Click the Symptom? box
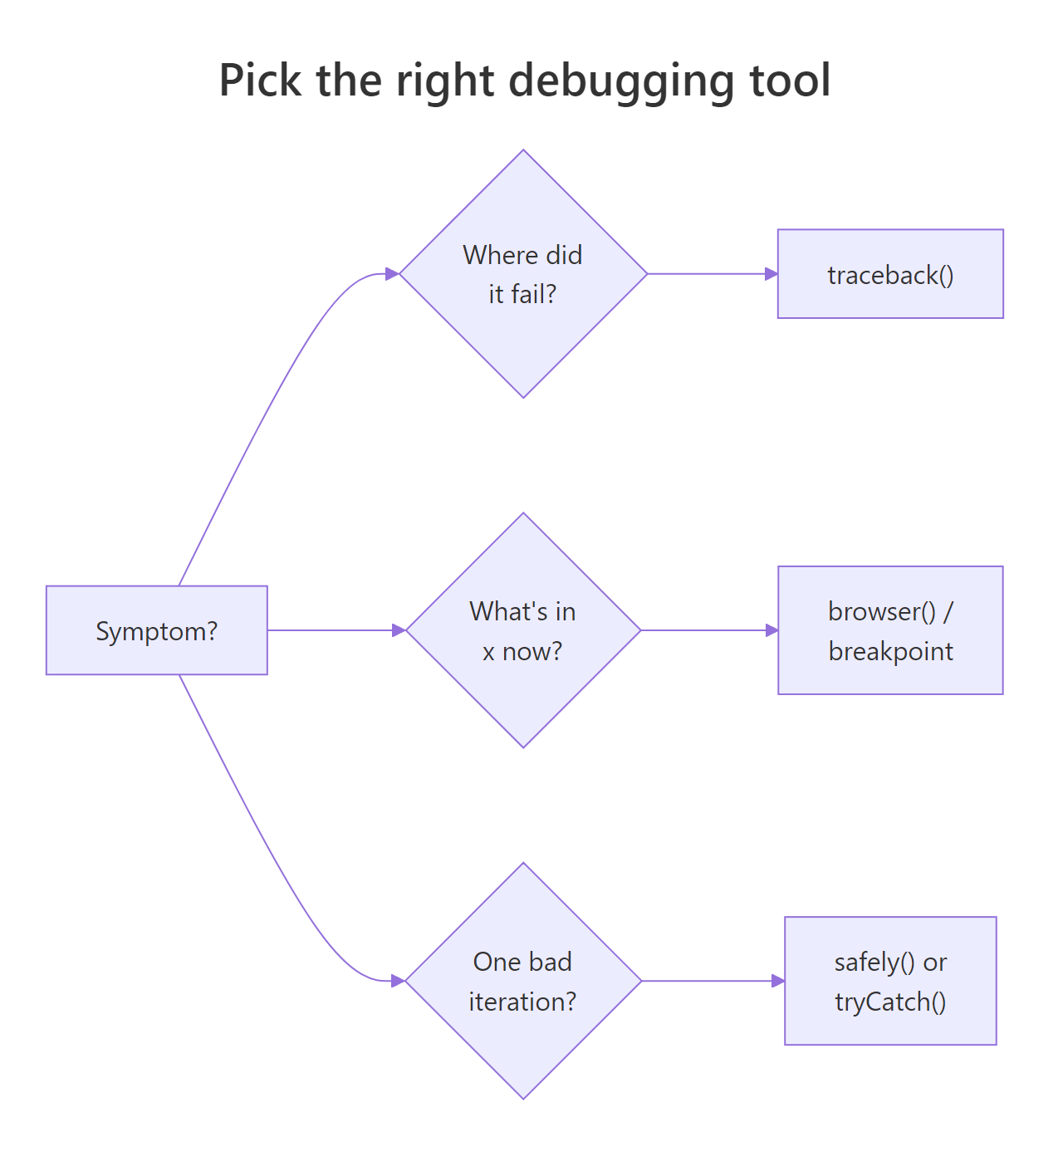[x=156, y=630]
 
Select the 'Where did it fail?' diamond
[x=522, y=274]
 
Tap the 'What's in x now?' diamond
[x=522, y=630]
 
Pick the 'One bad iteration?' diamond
[x=522, y=981]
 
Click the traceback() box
[x=890, y=274]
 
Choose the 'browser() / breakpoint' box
[x=890, y=630]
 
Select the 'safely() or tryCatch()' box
[x=890, y=981]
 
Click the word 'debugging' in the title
[x=621, y=81]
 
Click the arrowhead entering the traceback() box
[x=771, y=274]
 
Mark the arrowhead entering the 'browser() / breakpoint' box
[x=771, y=630]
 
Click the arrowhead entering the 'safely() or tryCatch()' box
[x=777, y=981]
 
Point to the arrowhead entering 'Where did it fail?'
[x=392, y=274]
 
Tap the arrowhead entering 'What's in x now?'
[x=399, y=630]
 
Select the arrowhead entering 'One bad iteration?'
[x=398, y=981]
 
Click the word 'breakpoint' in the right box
[x=890, y=651]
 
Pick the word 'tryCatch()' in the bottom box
[x=890, y=1002]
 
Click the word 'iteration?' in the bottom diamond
[x=522, y=1002]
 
